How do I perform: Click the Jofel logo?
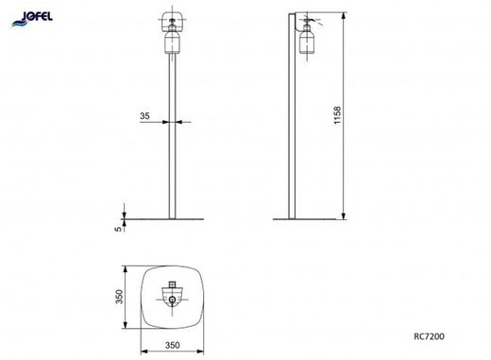32,19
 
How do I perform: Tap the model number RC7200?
429,336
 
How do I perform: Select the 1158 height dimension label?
337,115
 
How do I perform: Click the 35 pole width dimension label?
144,116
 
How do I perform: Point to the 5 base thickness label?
118,229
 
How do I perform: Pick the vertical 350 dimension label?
119,297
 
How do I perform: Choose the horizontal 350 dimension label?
173,345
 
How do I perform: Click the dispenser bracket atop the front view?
172,21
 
